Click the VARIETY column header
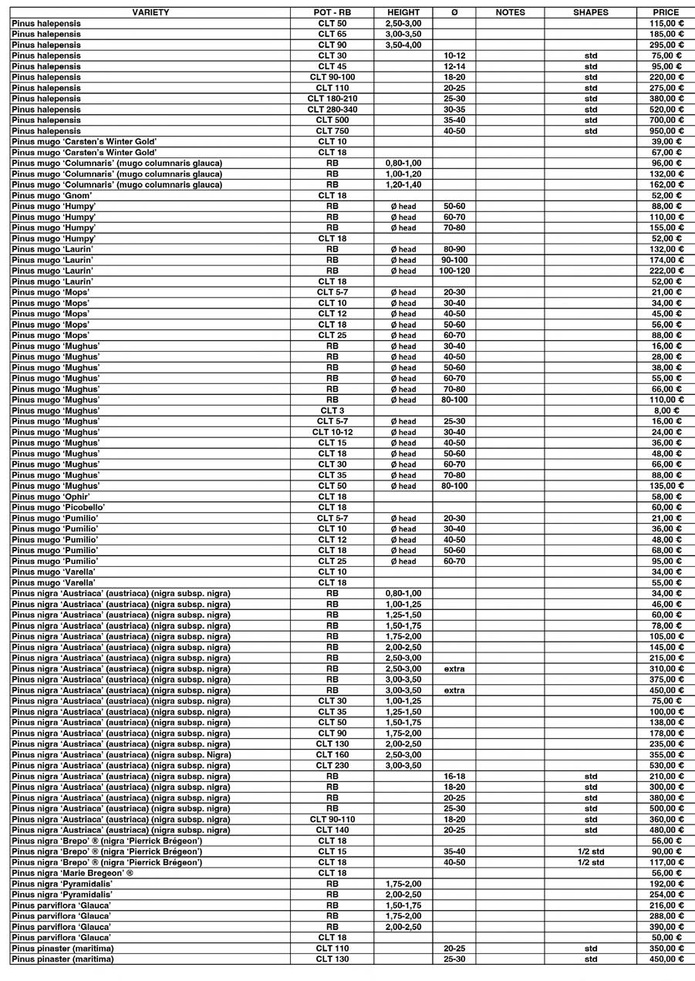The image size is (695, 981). (150, 12)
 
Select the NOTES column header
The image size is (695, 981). (510, 12)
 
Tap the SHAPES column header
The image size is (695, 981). (590, 12)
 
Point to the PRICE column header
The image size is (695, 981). (666, 12)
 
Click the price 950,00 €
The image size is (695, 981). (666, 131)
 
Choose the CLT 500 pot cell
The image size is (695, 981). (332, 120)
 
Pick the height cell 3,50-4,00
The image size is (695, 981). (403, 45)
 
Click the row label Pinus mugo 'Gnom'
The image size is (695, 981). (58, 196)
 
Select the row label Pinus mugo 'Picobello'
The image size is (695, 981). (59, 507)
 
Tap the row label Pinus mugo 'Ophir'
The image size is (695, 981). (51, 497)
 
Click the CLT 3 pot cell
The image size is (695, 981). (332, 411)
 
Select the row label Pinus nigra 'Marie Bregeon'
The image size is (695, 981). (73, 873)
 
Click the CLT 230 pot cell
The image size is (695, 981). (332, 765)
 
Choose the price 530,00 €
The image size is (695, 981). (666, 765)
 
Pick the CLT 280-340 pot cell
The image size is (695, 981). (332, 110)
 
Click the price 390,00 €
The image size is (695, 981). (666, 926)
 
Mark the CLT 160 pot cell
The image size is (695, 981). (332, 754)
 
